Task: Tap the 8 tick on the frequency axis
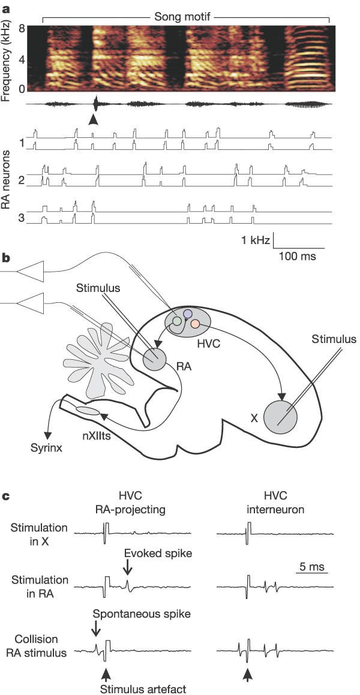(20, 28)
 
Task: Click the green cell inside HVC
(176, 321)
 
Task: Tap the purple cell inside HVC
(187, 314)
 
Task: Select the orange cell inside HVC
(195, 324)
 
